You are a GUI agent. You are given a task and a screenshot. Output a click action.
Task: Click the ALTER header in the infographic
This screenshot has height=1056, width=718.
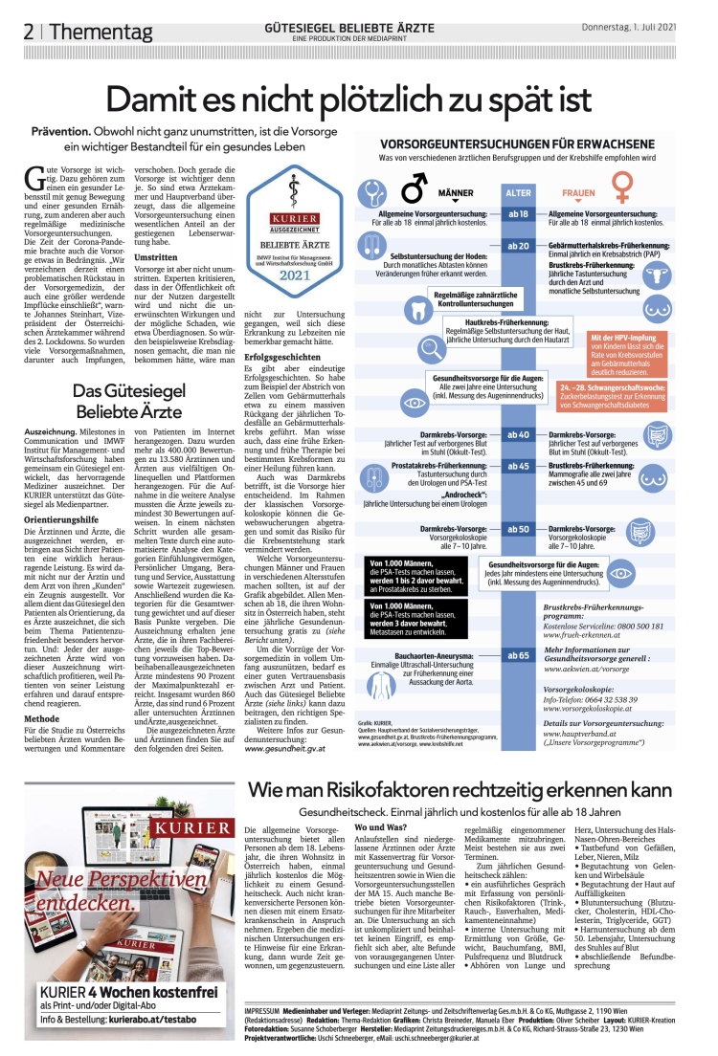(518, 192)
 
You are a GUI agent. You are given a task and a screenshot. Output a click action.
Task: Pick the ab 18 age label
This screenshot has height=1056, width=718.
(518, 213)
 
